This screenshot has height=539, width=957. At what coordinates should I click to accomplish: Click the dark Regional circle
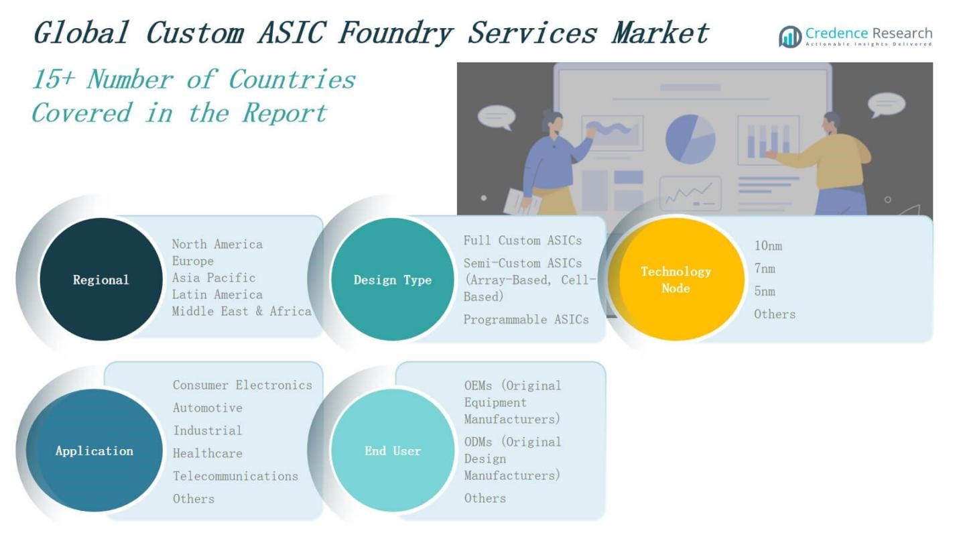(x=101, y=279)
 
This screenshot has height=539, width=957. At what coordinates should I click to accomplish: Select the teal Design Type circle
(x=393, y=279)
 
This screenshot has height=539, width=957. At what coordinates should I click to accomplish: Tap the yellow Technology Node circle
(x=676, y=279)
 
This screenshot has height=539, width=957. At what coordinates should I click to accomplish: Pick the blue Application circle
(x=94, y=450)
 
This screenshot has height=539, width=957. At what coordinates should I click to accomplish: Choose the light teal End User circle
(x=393, y=450)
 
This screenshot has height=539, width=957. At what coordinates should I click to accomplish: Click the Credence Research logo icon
(x=790, y=37)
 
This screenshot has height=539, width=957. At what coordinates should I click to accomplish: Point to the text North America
(x=217, y=244)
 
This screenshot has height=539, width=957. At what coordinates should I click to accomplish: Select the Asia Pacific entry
(x=214, y=278)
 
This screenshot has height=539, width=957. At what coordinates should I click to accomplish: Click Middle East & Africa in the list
(x=241, y=311)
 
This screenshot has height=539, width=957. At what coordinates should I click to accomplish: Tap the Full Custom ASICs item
(x=523, y=240)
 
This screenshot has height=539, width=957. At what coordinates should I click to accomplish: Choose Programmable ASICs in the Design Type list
(x=526, y=319)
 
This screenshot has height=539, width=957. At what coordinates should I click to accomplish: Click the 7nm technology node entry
(x=764, y=268)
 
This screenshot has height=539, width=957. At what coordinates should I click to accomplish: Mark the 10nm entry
(x=768, y=246)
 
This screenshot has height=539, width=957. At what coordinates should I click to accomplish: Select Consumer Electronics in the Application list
(x=242, y=385)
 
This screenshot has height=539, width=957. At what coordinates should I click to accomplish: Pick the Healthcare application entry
(x=207, y=453)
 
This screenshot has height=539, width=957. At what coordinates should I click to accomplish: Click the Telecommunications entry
(x=235, y=476)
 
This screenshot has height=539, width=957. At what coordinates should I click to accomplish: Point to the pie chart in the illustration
(x=690, y=139)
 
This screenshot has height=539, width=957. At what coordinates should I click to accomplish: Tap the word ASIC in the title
(x=292, y=33)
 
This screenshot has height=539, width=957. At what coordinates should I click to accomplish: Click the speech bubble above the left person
(x=497, y=117)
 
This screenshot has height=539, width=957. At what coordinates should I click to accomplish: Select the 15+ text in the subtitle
(x=54, y=80)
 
